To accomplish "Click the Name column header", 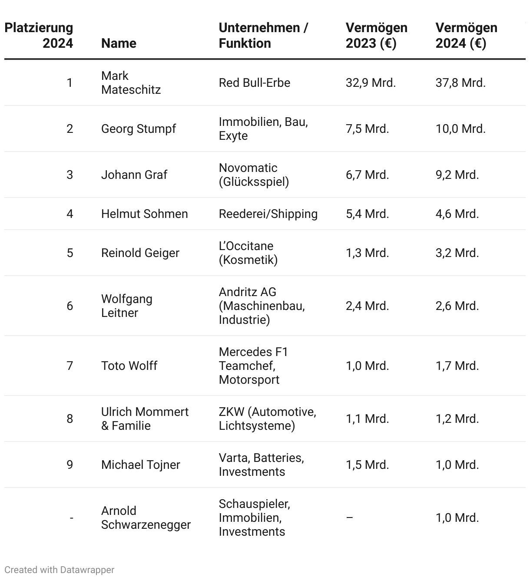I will coord(119,43).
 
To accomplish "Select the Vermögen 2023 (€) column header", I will coord(376,35).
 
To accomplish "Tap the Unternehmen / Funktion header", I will coord(263,35).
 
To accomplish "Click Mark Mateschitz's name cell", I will coord(131,82).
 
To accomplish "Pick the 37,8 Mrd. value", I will coord(460,82).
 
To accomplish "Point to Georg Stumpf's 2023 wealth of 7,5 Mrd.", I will coord(367,129).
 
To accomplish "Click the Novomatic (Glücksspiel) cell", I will coord(254,175).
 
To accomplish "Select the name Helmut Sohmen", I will coord(144,214).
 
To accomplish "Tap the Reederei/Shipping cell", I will coord(268,214).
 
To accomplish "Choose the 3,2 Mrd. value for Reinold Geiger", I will coord(457,253).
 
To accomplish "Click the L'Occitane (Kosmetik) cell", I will coord(248,253).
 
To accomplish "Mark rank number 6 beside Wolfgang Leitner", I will coord(70,306).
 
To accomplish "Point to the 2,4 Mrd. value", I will coord(367,306).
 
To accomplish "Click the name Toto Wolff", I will coord(129,366).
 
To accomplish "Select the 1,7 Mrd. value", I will coord(457,366).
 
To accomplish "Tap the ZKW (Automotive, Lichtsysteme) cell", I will coord(267,419).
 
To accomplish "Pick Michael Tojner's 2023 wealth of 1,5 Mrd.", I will coord(367,465).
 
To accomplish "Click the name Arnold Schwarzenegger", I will coord(146,517).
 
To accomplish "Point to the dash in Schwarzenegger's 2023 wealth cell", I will coord(350,517).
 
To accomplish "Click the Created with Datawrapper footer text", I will coord(60,570).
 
